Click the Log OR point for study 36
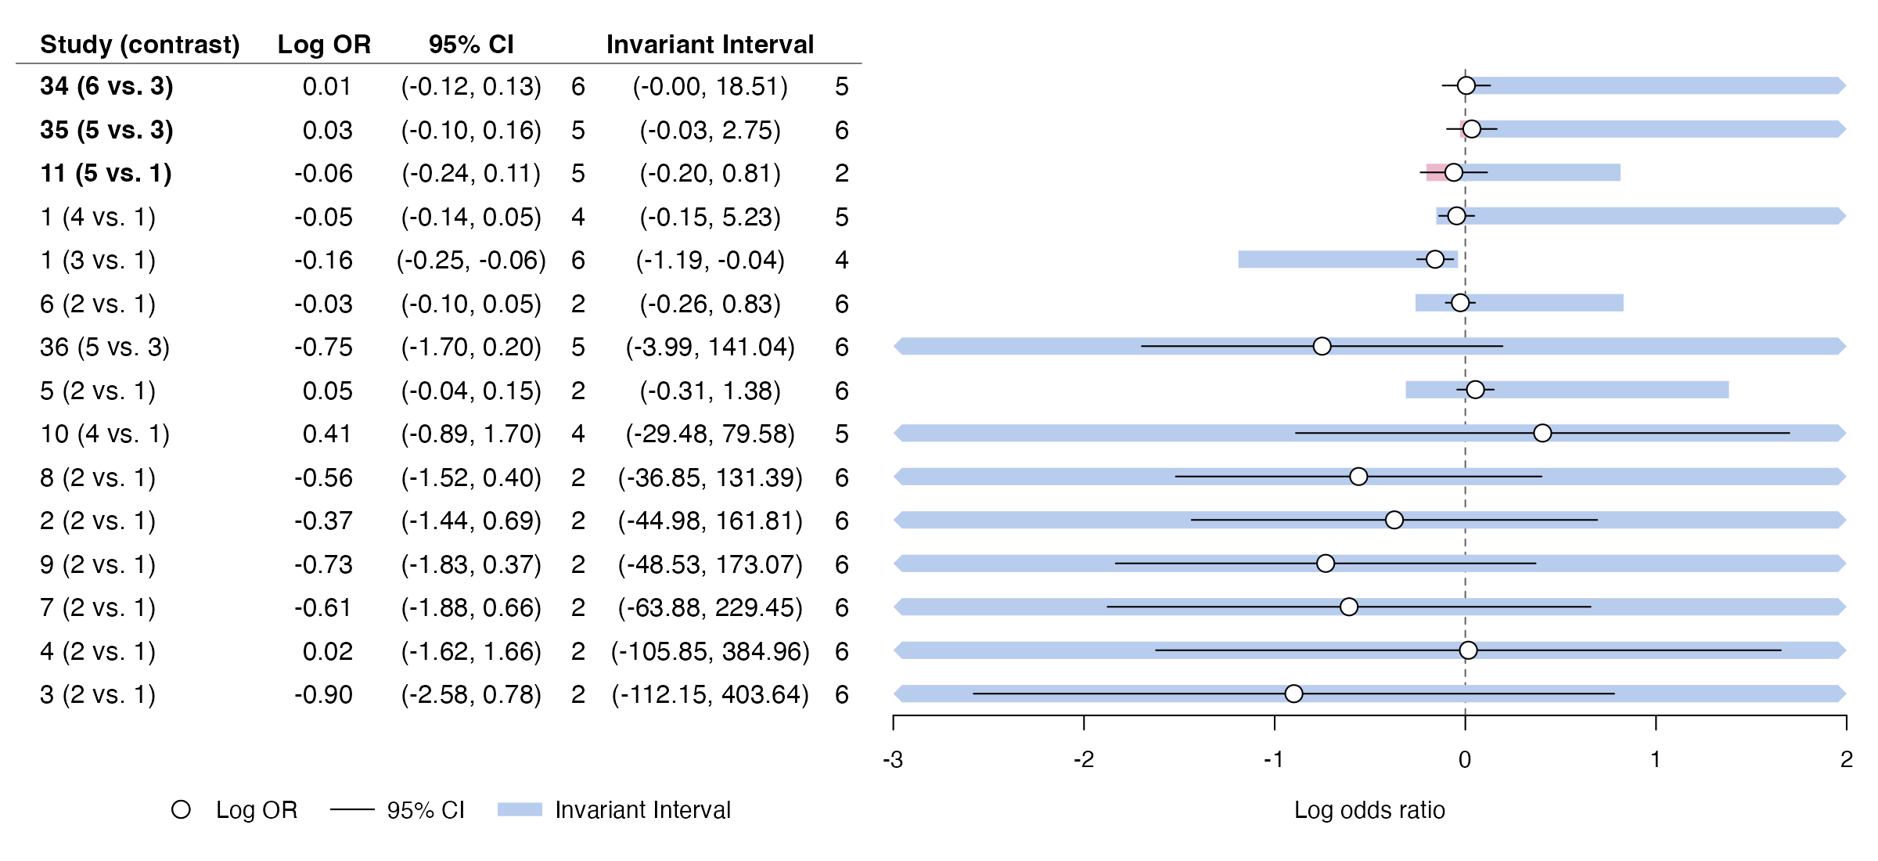coord(1322,346)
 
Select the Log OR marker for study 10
coord(1542,433)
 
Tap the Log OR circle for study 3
coord(1293,693)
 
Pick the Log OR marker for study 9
coord(1326,564)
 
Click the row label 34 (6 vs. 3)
coord(106,86)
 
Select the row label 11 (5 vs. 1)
coord(106,173)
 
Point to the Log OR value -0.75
coord(323,347)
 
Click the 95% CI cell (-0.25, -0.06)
coord(471,260)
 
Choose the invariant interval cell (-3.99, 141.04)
coord(710,347)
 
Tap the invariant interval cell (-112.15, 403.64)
coord(710,694)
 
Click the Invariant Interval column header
coord(710,45)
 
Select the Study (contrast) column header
coord(140,45)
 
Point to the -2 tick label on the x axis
coord(1084,759)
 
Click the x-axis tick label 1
coord(1656,759)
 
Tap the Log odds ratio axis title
coord(1369,809)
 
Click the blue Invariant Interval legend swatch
coord(520,809)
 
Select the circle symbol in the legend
coord(181,809)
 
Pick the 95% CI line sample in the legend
coord(352,809)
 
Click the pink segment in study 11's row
coord(1436,172)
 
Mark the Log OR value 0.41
coord(327,434)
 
